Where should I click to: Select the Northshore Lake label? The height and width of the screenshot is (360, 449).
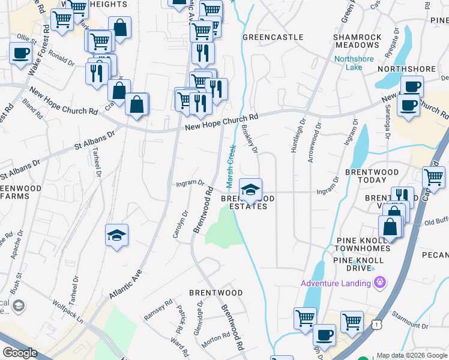(354, 62)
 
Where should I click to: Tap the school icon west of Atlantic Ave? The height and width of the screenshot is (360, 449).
(116, 235)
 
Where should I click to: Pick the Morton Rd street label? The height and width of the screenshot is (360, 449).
(212, 340)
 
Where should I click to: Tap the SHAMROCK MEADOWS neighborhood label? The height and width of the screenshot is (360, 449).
(357, 41)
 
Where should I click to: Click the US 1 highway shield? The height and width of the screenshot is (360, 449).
(376, 325)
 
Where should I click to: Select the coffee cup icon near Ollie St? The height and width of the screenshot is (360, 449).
(20, 53)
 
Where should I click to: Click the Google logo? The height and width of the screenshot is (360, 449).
(20, 353)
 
